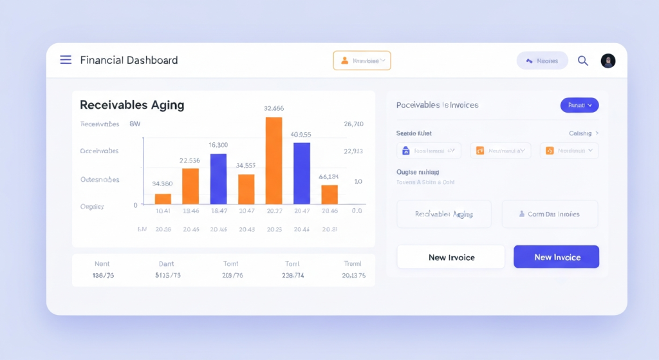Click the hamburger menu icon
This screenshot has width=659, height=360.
pyautogui.click(x=66, y=60)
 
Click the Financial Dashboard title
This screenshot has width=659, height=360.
pyautogui.click(x=129, y=61)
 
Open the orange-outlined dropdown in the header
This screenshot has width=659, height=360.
pyautogui.click(x=362, y=61)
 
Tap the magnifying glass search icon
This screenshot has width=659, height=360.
pyautogui.click(x=583, y=61)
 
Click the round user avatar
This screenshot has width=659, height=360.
pyautogui.click(x=608, y=61)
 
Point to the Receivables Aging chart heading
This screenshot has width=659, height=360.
pyautogui.click(x=132, y=104)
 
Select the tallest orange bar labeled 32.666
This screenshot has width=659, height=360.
pyautogui.click(x=274, y=160)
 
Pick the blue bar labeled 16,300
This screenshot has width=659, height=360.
pyautogui.click(x=219, y=179)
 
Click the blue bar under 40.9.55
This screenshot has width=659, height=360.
pyautogui.click(x=302, y=173)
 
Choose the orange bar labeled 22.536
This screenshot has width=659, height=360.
pyautogui.click(x=190, y=186)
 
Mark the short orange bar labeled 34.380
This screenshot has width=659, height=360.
pyautogui.click(x=163, y=198)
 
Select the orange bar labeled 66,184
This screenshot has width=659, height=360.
pyautogui.click(x=329, y=194)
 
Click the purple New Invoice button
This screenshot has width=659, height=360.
pyautogui.click(x=556, y=257)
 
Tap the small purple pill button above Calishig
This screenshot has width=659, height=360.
pyautogui.click(x=579, y=105)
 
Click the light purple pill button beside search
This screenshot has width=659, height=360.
pyautogui.click(x=542, y=61)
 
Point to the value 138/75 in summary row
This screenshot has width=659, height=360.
pyautogui.click(x=104, y=276)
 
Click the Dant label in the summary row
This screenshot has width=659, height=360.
pyautogui.click(x=167, y=263)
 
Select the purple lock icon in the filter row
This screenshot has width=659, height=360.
pyautogui.click(x=405, y=151)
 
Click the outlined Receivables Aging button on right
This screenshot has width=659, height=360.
pyautogui.click(x=444, y=214)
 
